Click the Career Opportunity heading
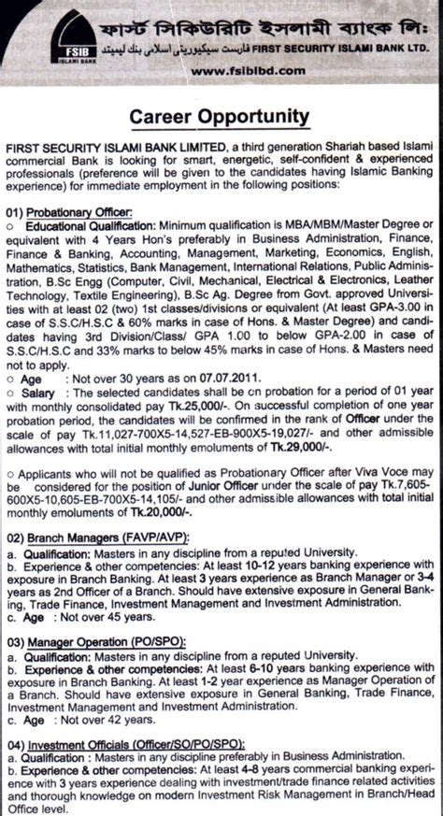coord(218,117)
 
